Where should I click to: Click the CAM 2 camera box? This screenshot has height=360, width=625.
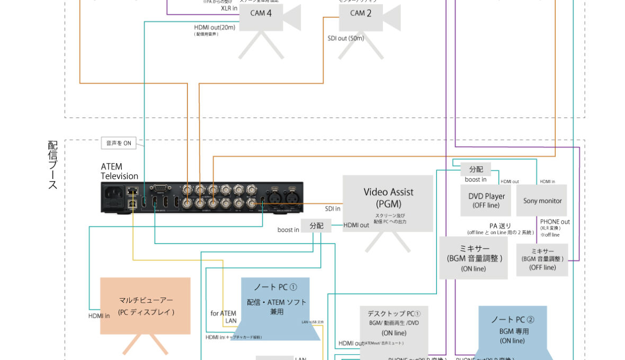point(361,14)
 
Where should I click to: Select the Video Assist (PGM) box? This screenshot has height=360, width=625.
point(388,204)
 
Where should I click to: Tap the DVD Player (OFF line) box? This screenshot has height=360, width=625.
point(486,200)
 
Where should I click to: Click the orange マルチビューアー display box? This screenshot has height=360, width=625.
point(146,306)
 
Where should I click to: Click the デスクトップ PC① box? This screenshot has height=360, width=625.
point(394,326)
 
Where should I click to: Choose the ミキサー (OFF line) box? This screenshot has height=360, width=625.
point(542,259)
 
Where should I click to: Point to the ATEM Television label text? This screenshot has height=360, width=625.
point(119,172)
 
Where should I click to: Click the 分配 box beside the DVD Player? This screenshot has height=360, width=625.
point(476,169)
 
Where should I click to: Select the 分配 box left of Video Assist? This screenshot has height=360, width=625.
point(316,226)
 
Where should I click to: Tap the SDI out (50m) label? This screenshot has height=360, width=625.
point(346,39)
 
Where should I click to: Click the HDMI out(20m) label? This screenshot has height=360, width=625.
point(213,27)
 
